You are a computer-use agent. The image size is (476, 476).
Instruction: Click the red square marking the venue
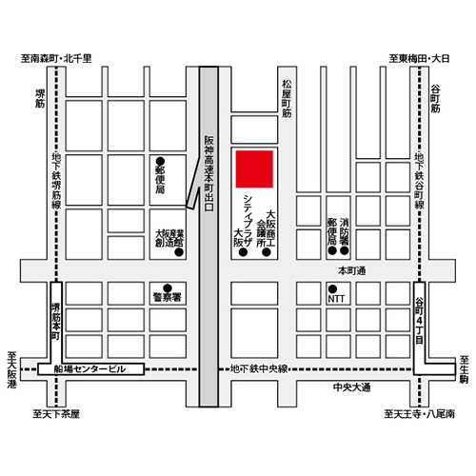pyautogui.click(x=254, y=169)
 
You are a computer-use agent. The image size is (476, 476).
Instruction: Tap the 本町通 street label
pyautogui.click(x=351, y=270)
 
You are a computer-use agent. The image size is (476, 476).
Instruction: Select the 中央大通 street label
pyautogui.click(x=351, y=387)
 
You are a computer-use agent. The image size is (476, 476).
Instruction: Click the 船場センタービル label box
pyautogui.click(x=91, y=369)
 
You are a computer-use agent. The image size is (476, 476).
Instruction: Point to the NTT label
pyautogui.click(x=336, y=299)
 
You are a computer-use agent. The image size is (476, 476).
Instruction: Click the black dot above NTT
pyautogui.click(x=332, y=288)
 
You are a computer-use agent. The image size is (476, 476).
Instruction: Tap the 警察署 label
pyautogui.click(x=168, y=297)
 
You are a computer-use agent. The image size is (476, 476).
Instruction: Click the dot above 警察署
pyautogui.click(x=168, y=288)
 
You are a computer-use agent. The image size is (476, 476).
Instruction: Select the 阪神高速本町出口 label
pyautogui.click(x=208, y=173)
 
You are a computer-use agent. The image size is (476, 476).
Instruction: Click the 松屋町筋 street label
pyautogui.click(x=287, y=99)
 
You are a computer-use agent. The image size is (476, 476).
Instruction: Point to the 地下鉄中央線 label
pyautogui.click(x=259, y=368)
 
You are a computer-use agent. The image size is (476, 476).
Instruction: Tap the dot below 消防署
pyautogui.click(x=345, y=250)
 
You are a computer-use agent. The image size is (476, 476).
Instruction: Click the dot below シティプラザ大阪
pyautogui.click(x=243, y=252)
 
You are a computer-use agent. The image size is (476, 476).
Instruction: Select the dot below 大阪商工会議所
pyautogui.click(x=267, y=252)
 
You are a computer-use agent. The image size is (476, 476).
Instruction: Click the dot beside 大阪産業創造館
pyautogui.click(x=179, y=252)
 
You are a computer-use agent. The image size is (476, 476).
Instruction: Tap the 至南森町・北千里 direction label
pyautogui.click(x=56, y=59)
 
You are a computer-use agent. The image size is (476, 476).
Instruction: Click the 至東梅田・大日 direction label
pyautogui.click(x=419, y=59)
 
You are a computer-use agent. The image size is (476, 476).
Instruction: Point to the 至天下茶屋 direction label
pyautogui.click(x=56, y=414)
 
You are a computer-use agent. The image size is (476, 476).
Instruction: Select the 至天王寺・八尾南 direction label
pyautogui.click(x=419, y=414)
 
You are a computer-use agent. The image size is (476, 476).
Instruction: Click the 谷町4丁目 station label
pyautogui.click(x=420, y=321)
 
